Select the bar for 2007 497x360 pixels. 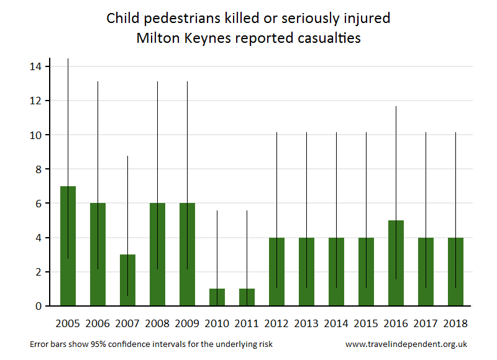[127, 280]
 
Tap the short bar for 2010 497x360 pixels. [217, 297]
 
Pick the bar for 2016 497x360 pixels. [396, 263]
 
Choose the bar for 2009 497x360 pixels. [187, 254]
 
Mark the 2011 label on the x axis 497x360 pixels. [247, 323]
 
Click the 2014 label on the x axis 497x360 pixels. [336, 323]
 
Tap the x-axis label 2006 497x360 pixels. [98, 323]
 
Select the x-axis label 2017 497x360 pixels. [426, 323]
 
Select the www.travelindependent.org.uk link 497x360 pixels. [406, 344]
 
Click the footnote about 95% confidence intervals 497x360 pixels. [151, 344]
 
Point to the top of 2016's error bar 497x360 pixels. [396, 107]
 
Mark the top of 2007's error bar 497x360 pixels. [127, 156]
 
